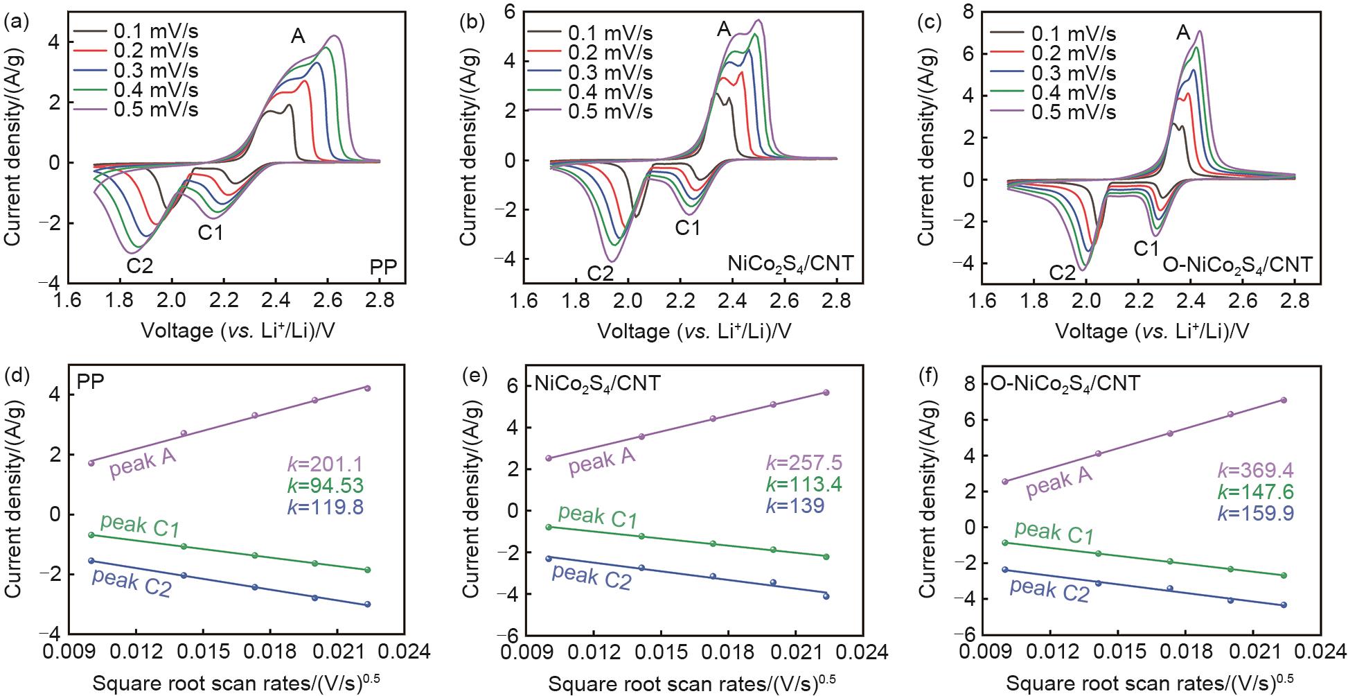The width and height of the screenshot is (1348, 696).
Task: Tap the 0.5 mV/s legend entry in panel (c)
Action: click(1074, 112)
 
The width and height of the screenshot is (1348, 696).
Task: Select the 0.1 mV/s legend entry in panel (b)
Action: click(610, 33)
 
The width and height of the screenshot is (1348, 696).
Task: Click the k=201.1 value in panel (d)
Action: click(325, 465)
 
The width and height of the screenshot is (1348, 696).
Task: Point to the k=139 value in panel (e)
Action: click(795, 505)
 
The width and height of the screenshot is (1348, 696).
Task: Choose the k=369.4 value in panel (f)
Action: click(1255, 472)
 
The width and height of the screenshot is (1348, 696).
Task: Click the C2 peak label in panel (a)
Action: click(139, 266)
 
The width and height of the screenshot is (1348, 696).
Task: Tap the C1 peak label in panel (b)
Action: click(687, 228)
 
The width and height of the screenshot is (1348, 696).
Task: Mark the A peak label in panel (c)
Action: click(1183, 33)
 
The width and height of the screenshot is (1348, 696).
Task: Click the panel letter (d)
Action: click(16, 378)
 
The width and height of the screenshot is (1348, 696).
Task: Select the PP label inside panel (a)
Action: click(383, 267)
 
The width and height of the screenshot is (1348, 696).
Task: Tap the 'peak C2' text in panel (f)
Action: click(1049, 591)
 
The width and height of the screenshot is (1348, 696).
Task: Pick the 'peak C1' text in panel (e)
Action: click(597, 517)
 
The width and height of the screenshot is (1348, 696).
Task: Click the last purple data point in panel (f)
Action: click(1283, 400)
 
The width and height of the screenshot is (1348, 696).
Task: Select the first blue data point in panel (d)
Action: click(91, 560)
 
